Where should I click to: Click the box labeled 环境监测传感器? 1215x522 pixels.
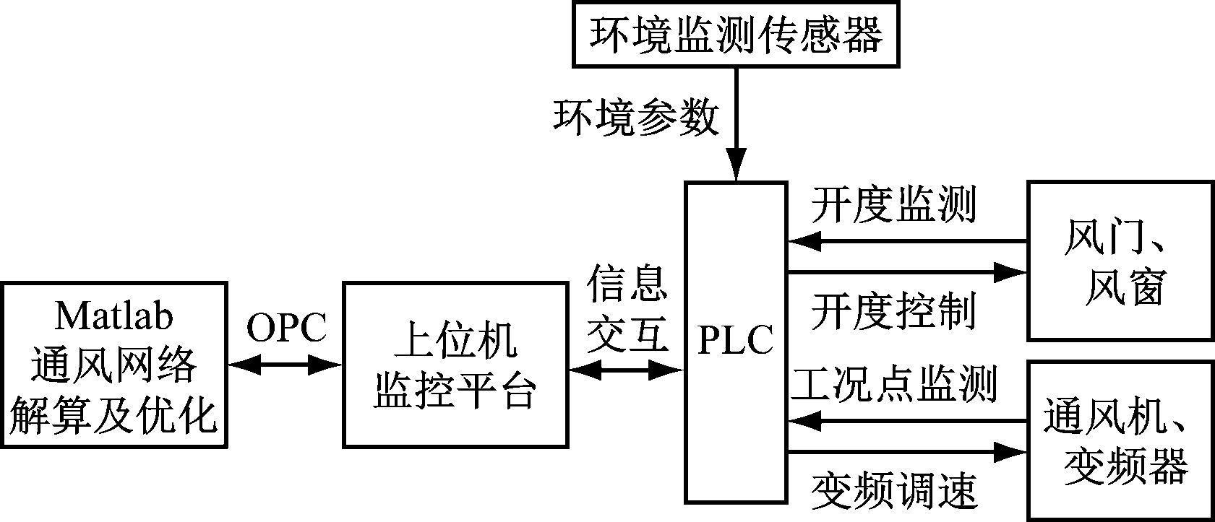[736, 35]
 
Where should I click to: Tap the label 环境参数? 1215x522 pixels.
[636, 117]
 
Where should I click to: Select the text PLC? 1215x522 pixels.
[735, 341]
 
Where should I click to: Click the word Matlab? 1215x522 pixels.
[113, 316]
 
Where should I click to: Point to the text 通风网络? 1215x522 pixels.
[113, 365]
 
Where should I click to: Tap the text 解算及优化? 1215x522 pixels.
[113, 416]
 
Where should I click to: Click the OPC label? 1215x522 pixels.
[286, 329]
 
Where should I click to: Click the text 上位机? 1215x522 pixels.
[455, 341]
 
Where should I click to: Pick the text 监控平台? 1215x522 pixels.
[455, 392]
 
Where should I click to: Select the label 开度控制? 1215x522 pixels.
[893, 311]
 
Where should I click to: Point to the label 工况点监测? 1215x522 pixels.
[894, 383]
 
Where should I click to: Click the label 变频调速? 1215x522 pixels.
[894, 490]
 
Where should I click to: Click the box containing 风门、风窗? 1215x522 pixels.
[1120, 261]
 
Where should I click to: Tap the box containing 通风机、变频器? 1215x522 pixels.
[1120, 440]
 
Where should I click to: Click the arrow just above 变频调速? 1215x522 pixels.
[907, 453]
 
